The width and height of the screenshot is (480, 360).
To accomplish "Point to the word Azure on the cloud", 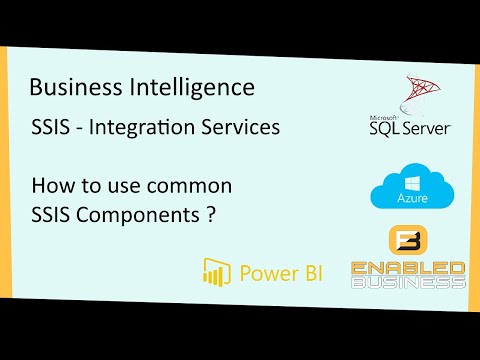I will (406, 201).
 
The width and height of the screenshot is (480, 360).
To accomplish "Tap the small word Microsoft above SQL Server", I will (383, 114).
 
